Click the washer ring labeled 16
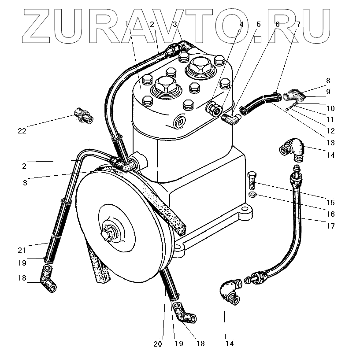[x=253, y=194]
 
